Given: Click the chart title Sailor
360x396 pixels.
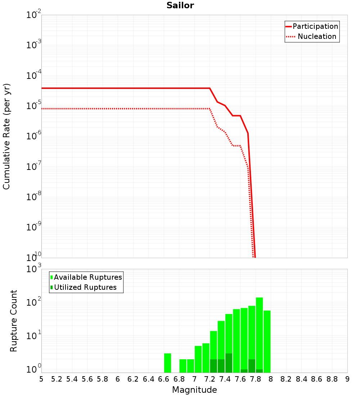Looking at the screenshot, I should click(180, 5).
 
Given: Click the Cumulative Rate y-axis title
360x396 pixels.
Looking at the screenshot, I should click(6, 136).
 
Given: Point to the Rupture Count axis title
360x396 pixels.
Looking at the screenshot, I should click(14, 320).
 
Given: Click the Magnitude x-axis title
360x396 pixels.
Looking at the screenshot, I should click(194, 390).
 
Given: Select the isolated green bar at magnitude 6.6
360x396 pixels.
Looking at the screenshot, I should click(167, 363).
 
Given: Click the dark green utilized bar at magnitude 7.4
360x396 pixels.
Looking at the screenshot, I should click(229, 363).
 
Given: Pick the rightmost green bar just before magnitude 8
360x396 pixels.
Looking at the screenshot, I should click(267, 340).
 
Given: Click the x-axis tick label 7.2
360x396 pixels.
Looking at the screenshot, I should click(210, 379).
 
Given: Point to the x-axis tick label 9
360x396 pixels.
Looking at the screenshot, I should click(347, 379).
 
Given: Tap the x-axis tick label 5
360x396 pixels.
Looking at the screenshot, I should click(41, 379).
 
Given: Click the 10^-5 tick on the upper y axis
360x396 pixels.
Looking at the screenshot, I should click(33, 106).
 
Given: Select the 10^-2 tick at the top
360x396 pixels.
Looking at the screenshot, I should click(33, 15).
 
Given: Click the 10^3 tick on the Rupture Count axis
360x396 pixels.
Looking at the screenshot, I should click(33, 269).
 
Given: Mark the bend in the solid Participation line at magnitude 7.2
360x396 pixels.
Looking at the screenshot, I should click(210, 88).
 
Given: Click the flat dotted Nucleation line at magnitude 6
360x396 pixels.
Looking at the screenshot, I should click(118, 108).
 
